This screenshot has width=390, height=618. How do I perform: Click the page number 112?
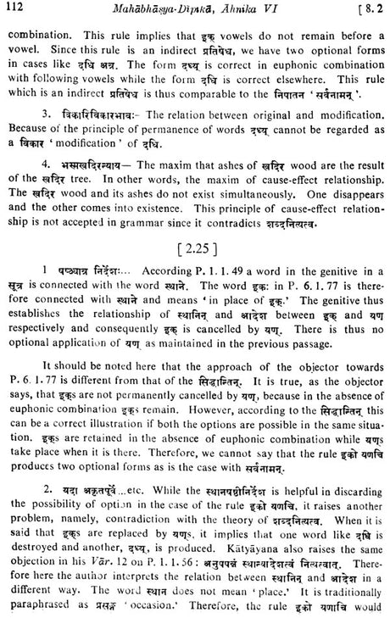click(x=18, y=11)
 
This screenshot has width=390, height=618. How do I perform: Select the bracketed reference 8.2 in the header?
click(x=365, y=11)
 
